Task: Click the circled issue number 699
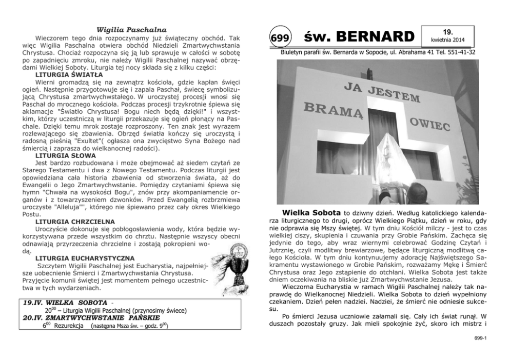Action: (280, 38)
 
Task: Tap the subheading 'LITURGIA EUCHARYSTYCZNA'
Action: (79, 257)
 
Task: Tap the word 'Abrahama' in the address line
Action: (409, 52)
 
